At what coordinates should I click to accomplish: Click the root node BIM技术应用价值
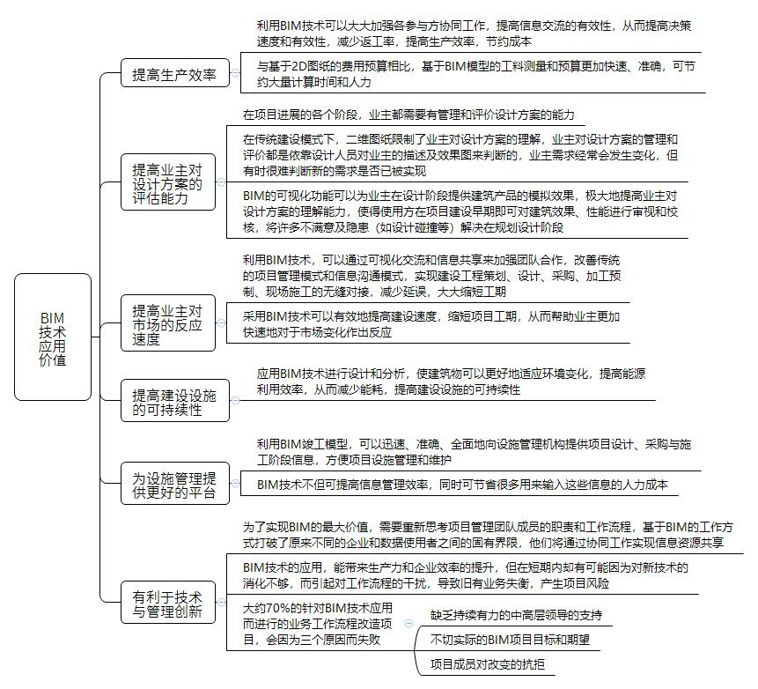[x=53, y=337]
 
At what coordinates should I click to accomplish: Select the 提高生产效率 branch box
[x=175, y=73]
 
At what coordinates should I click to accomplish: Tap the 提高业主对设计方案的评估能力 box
[x=168, y=182]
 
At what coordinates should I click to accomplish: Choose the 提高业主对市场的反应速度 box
[x=168, y=322]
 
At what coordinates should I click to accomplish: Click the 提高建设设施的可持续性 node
[x=175, y=401]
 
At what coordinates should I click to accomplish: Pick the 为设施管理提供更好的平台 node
[x=175, y=484]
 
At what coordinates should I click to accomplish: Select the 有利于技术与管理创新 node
[x=168, y=603]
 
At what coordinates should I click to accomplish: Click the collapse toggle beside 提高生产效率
[x=235, y=73]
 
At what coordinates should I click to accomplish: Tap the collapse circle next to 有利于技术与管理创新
[x=221, y=603]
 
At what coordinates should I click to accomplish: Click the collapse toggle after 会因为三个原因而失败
[x=409, y=624]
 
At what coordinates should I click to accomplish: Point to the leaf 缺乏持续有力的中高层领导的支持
[x=516, y=616]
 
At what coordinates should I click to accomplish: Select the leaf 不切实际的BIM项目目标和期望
[x=510, y=641]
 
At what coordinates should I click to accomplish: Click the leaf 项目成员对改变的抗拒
[x=488, y=664]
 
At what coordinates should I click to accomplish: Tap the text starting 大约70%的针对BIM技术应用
[x=318, y=624]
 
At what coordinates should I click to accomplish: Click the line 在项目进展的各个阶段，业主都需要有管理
[x=408, y=115]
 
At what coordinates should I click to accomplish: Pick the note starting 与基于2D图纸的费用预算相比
[x=475, y=74]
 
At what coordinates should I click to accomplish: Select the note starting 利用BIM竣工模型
[x=474, y=452]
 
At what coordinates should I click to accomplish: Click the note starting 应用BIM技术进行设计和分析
[x=451, y=382]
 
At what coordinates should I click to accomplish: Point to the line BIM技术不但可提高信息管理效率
[x=462, y=485]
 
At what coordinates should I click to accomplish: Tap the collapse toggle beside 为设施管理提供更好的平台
[x=235, y=484]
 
